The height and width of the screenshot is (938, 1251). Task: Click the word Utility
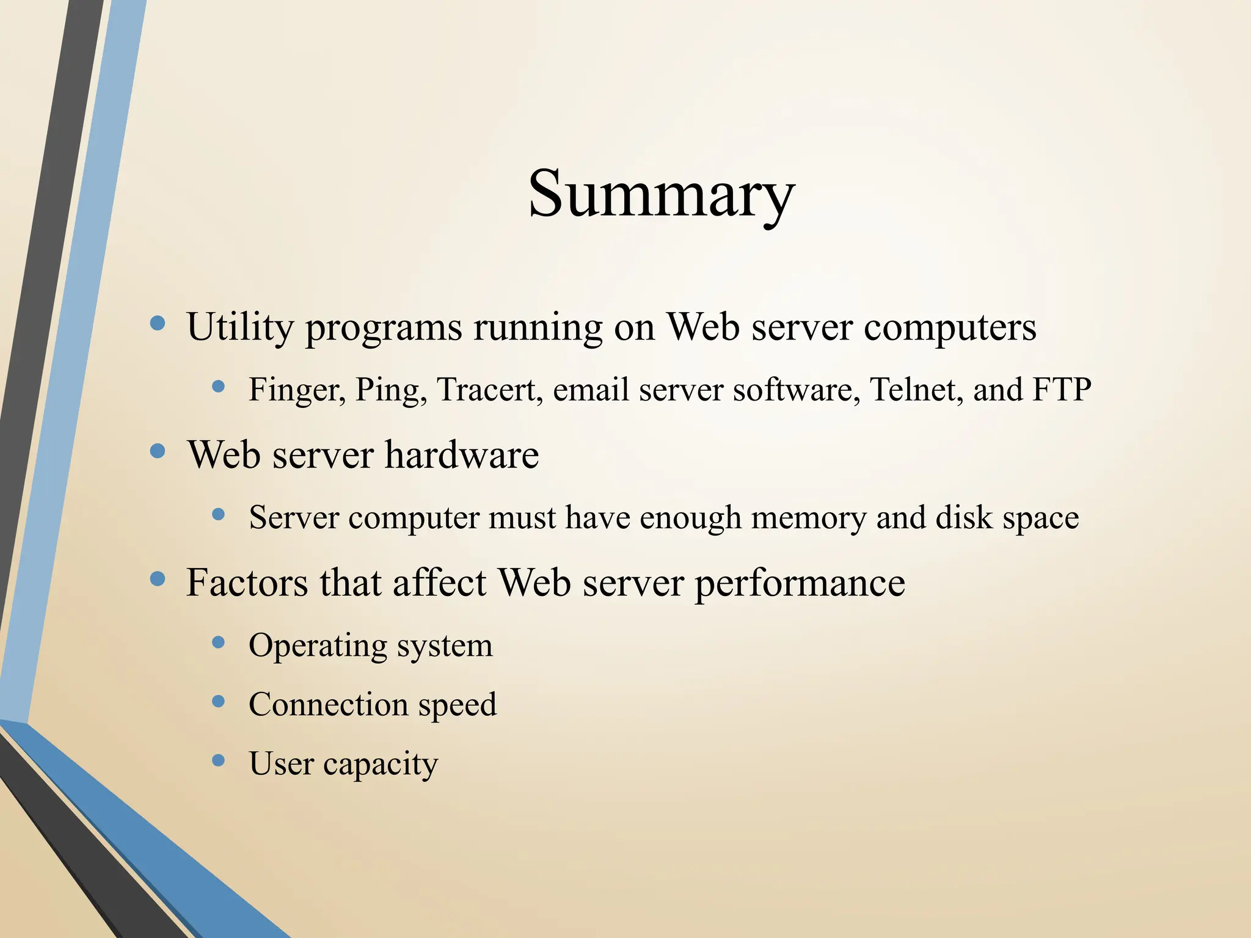(x=240, y=327)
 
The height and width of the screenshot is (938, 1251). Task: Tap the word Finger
(x=297, y=390)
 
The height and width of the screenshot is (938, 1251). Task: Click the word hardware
(x=462, y=455)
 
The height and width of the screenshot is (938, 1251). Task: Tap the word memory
(x=809, y=518)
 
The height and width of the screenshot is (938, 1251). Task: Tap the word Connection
(x=328, y=704)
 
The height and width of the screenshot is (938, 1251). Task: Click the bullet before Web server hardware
(x=158, y=451)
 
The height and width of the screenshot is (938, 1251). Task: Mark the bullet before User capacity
(x=218, y=760)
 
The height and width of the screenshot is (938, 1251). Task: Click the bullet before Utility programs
(x=158, y=323)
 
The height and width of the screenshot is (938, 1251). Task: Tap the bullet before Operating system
(x=218, y=642)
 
